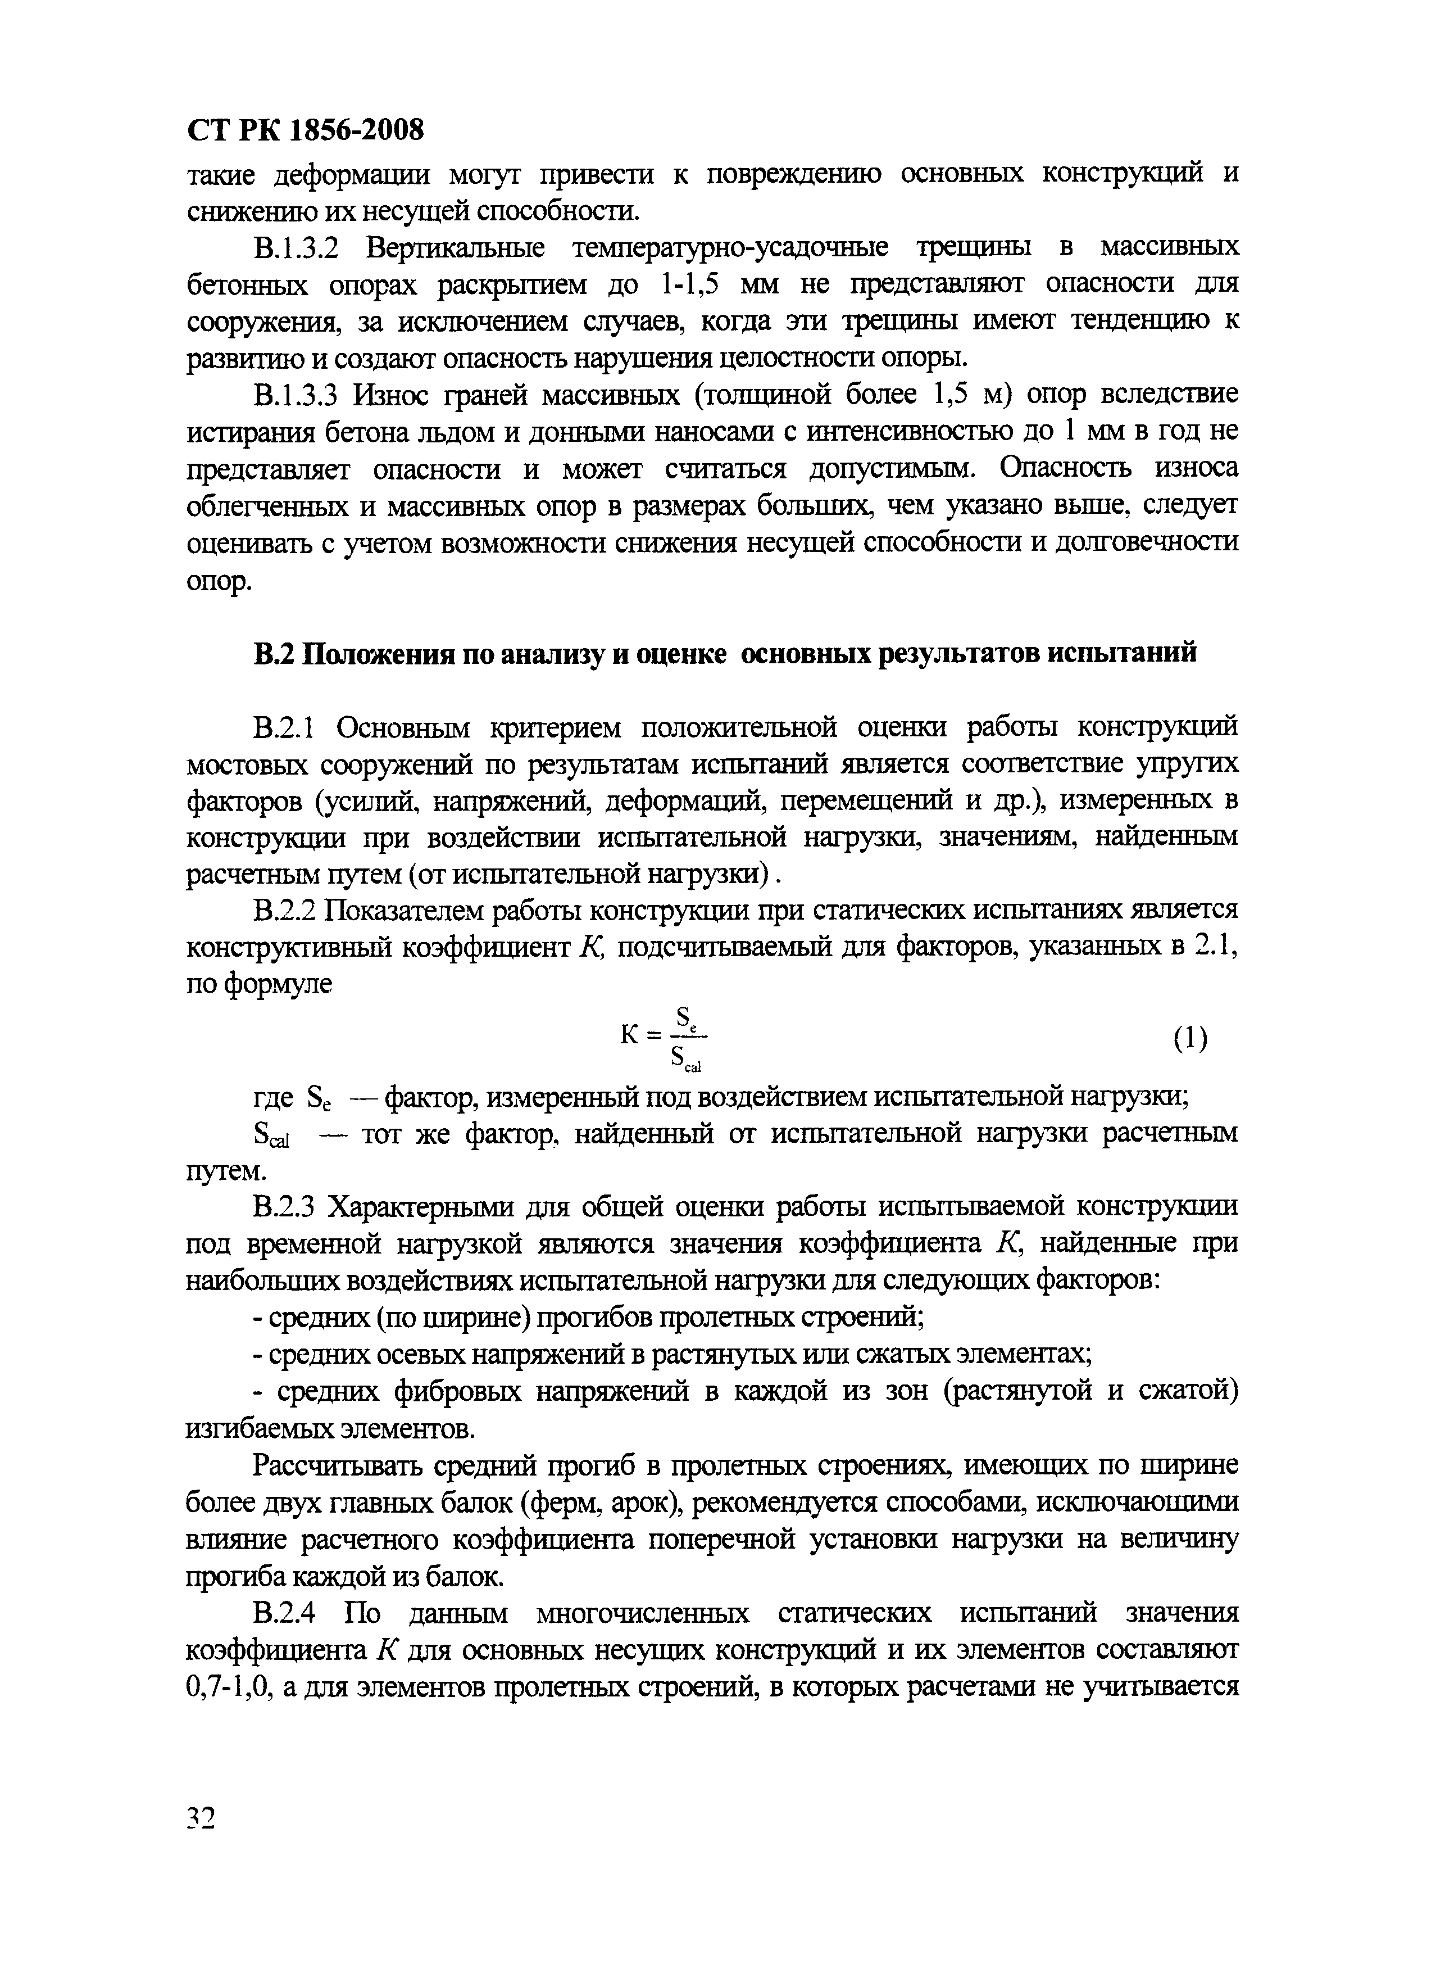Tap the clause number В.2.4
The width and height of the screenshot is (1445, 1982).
(x=283, y=1613)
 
